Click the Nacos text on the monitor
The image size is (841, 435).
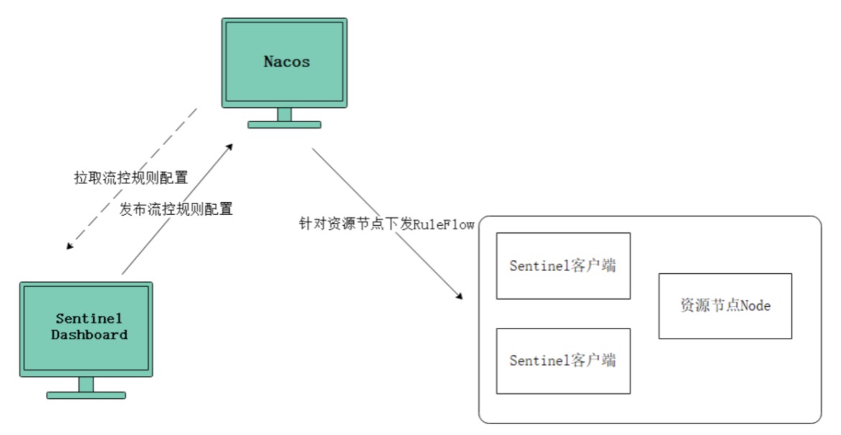tap(287, 62)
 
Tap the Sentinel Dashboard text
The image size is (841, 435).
tap(89, 326)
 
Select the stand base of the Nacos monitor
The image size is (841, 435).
tap(284, 124)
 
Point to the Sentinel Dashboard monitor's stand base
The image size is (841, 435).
tap(86, 395)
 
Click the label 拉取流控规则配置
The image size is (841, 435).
tap(131, 178)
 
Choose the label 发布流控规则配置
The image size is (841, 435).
tap(176, 209)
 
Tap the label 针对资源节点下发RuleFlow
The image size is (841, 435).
tap(386, 224)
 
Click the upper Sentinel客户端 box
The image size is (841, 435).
tap(563, 266)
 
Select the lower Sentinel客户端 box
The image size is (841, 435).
tap(563, 361)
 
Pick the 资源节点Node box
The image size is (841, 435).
tap(725, 306)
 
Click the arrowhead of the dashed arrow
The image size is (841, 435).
tap(70, 246)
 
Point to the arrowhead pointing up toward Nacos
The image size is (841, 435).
tap(230, 147)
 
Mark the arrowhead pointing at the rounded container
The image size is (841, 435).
tap(459, 296)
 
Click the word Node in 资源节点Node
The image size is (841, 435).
tap(756, 306)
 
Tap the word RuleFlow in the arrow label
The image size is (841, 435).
tap(444, 224)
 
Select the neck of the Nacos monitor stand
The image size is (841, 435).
tap(284, 114)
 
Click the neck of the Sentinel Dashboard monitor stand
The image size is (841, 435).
tap(86, 385)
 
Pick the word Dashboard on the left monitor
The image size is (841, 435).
tap(90, 334)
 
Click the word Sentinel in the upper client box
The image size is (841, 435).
tap(539, 266)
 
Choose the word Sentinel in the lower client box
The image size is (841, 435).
tap(539, 360)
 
